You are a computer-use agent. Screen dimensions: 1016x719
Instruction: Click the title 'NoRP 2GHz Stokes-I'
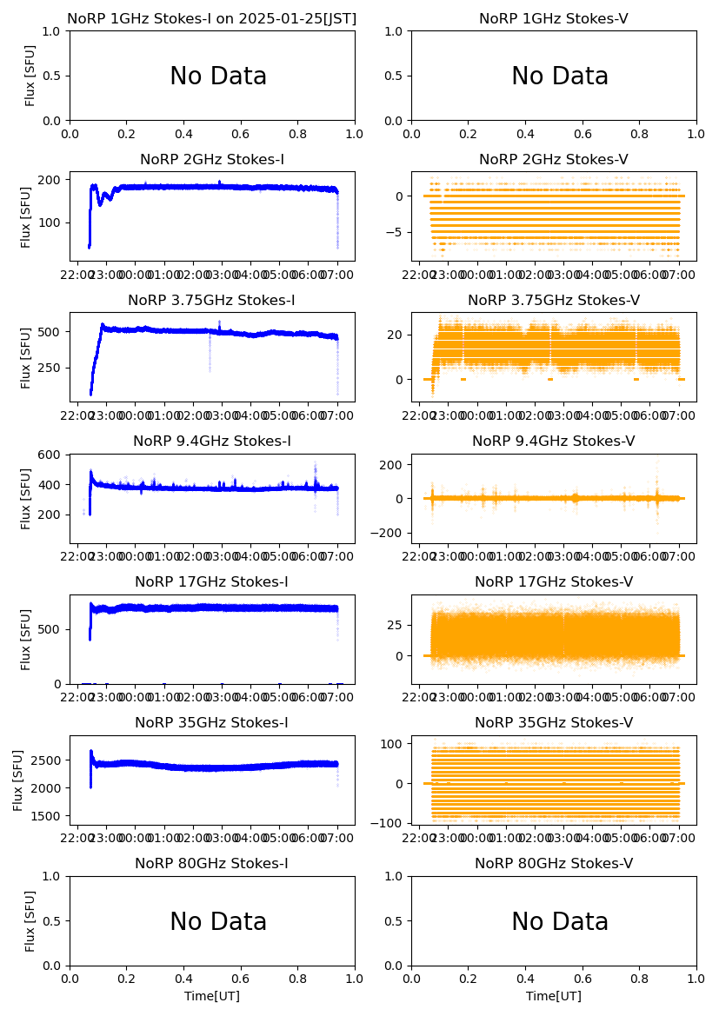(x=212, y=160)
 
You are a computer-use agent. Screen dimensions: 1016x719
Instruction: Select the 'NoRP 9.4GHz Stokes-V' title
(x=554, y=442)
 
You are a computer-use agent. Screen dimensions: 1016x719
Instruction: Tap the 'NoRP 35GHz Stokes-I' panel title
(x=212, y=723)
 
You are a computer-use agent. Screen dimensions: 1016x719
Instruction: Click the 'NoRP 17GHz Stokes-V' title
(x=554, y=582)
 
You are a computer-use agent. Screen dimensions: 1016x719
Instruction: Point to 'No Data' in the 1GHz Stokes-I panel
(x=218, y=76)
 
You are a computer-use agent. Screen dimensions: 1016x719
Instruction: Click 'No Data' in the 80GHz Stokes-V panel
(x=560, y=922)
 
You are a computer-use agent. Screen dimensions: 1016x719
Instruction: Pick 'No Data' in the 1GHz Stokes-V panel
(x=560, y=76)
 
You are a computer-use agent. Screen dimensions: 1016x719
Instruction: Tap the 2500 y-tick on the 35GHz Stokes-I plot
(x=50, y=760)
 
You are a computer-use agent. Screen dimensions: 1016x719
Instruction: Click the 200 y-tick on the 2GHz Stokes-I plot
(x=55, y=180)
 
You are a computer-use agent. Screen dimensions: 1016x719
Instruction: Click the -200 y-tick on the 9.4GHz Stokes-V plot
(x=390, y=533)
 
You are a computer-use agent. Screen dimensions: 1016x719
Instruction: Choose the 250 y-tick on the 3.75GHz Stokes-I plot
(x=55, y=368)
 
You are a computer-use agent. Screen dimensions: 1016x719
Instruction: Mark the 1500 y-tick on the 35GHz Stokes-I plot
(x=50, y=816)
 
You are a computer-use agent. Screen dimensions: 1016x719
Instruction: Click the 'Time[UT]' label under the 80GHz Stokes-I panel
(x=212, y=996)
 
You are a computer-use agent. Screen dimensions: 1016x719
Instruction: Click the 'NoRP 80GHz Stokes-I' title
(x=212, y=864)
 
